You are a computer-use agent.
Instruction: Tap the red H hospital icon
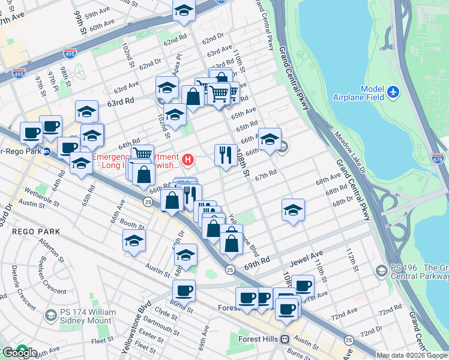(x=188, y=159)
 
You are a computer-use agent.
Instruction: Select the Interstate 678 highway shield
(x=438, y=159)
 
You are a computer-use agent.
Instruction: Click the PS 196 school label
(x=414, y=272)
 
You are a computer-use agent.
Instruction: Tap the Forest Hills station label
(x=261, y=339)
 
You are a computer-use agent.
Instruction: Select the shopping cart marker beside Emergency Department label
(x=142, y=155)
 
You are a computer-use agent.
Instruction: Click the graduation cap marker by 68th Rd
(x=292, y=209)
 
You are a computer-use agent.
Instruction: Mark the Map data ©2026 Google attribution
(x=412, y=355)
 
